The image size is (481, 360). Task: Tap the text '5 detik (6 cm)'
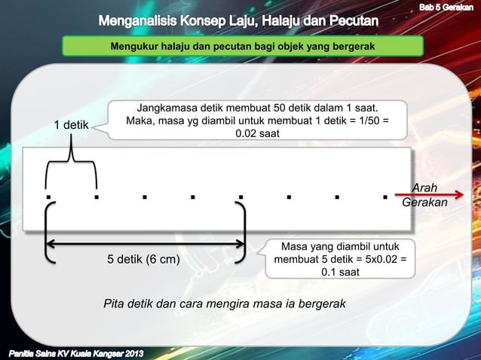(143, 260)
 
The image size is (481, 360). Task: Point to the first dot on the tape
(47, 197)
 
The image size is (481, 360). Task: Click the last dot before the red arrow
(384, 197)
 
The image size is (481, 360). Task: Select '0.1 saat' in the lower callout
(340, 273)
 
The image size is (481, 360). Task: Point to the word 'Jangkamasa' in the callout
(164, 108)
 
